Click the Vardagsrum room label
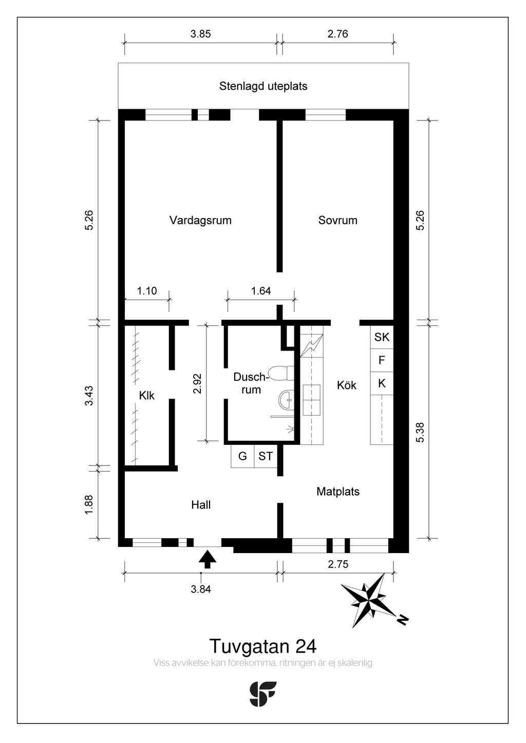point(200,220)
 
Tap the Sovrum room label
point(337,220)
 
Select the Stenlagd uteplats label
point(263,86)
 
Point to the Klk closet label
point(146,396)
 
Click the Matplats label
point(337,491)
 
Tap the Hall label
point(200,505)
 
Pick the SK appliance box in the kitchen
point(382,337)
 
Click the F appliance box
point(382,360)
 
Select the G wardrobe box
point(242,456)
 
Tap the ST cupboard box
point(266,456)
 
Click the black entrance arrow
point(208,559)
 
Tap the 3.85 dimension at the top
point(200,34)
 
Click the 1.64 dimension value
point(261,291)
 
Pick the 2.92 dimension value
point(197,384)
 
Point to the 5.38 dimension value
point(420,432)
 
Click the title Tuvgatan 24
point(263,646)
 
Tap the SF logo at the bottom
point(262,694)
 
